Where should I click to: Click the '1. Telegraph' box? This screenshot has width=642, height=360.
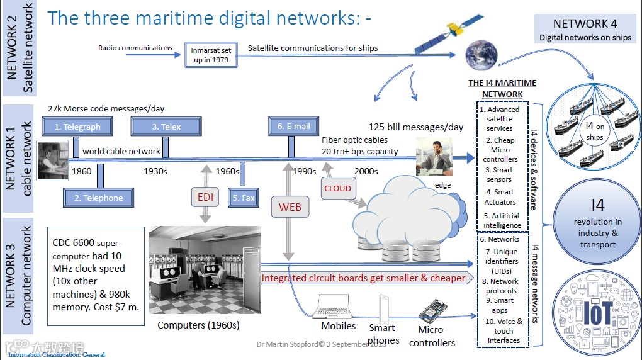click(x=77, y=127)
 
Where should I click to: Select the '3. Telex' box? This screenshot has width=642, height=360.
click(x=166, y=127)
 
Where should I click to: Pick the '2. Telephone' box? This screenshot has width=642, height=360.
click(x=98, y=198)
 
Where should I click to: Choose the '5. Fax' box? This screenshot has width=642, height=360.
click(x=244, y=198)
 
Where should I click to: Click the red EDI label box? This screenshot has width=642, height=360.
click(x=205, y=197)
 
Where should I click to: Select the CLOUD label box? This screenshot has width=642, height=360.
click(x=337, y=188)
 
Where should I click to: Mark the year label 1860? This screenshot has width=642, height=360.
click(x=82, y=171)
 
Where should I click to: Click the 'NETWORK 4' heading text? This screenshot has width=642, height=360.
click(x=585, y=24)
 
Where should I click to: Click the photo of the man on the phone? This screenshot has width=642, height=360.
click(x=434, y=155)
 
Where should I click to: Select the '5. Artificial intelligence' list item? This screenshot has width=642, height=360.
click(x=502, y=220)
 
